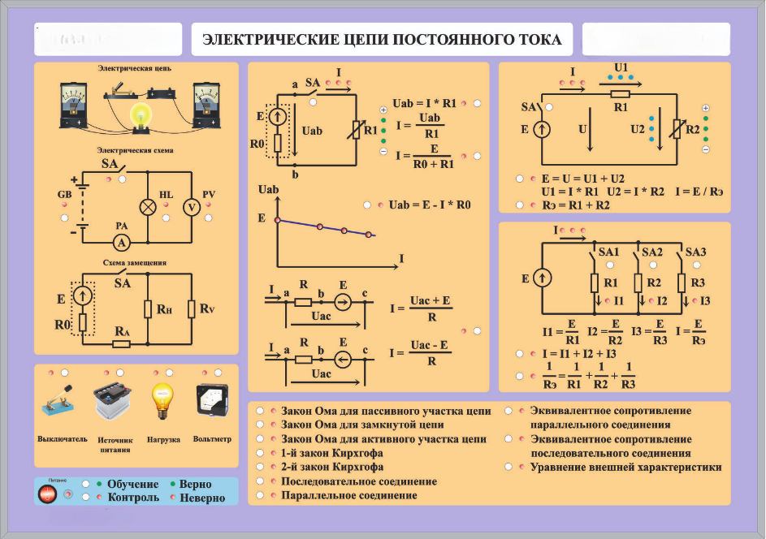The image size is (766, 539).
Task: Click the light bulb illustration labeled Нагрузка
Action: click(162, 399)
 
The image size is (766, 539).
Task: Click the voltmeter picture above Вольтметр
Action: click(212, 400)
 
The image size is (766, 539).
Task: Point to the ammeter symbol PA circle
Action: click(121, 242)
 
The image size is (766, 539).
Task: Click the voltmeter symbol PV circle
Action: click(191, 207)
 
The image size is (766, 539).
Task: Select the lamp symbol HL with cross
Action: click(149, 207)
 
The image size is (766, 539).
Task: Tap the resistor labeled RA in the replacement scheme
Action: click(121, 343)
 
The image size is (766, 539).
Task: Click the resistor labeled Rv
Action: click(191, 308)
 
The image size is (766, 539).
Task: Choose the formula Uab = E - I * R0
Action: click(430, 205)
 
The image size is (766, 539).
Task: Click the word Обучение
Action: click(132, 485)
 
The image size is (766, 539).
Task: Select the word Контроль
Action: click(133, 497)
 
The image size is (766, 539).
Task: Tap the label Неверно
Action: click(202, 498)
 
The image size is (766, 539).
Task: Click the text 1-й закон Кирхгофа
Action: click(332, 453)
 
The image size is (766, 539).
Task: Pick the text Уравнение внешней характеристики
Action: click(625, 468)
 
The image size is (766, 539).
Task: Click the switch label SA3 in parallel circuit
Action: click(696, 252)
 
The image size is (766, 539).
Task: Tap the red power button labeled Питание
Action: click(48, 494)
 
